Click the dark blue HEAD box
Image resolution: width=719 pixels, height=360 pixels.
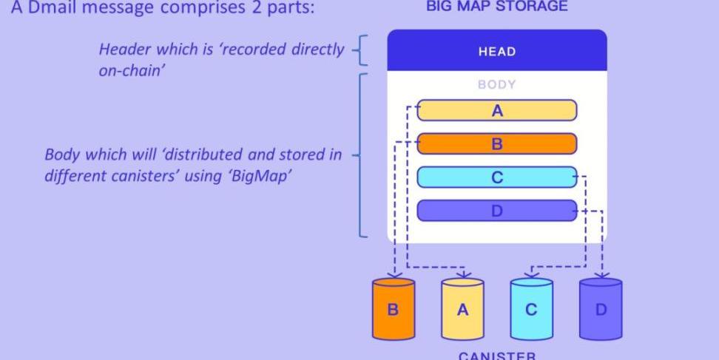pos(496,51)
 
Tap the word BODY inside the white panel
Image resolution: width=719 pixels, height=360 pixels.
pos(496,84)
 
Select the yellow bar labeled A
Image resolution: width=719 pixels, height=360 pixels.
pos(496,111)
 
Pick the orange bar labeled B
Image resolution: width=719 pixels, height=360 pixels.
pos(496,144)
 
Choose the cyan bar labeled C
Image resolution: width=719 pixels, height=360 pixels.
pos(496,177)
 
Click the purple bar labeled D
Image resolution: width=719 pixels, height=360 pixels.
pos(496,211)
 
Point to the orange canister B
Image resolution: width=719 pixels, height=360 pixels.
pos(393,308)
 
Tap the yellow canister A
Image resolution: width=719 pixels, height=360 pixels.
pos(462,308)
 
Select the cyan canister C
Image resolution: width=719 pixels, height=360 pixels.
pos(531,308)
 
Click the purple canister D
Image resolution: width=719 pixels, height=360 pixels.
pos(600,308)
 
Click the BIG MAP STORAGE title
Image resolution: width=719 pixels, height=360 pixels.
pos(496,7)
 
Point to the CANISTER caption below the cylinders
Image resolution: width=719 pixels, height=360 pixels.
pos(496,356)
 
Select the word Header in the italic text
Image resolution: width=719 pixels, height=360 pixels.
pos(122,50)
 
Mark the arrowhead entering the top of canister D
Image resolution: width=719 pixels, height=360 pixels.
pos(601,275)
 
